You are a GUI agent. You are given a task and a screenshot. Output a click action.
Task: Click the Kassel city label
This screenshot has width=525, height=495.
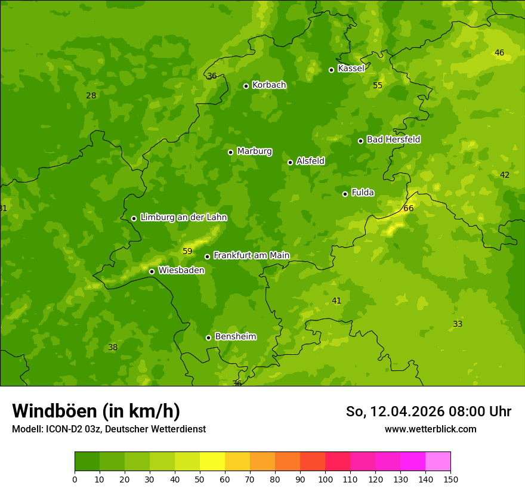tap(351, 69)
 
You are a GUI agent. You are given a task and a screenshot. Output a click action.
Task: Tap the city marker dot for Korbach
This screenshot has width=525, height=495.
tap(246, 86)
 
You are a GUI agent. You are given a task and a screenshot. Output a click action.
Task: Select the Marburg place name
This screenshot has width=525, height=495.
tap(254, 151)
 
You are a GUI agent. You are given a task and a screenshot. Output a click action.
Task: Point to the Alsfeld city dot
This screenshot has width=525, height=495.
tap(291, 162)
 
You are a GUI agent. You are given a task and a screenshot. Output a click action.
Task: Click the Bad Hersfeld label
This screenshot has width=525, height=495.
tap(393, 140)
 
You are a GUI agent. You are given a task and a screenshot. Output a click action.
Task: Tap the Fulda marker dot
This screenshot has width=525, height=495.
tap(345, 194)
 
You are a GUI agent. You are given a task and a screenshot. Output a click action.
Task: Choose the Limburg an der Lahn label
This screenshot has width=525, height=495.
tap(183, 218)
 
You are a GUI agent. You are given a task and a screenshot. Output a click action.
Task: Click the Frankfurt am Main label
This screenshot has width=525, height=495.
tap(251, 256)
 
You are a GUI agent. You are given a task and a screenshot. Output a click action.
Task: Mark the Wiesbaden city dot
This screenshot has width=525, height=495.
tap(152, 271)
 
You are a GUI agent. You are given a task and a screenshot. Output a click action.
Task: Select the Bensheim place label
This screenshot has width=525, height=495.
tap(235, 337)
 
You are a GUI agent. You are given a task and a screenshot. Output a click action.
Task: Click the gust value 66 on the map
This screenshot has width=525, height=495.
tap(408, 208)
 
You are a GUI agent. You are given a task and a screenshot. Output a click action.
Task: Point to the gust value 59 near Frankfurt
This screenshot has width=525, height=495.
tap(187, 251)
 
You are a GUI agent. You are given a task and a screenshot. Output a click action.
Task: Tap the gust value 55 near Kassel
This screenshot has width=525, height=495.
tap(378, 85)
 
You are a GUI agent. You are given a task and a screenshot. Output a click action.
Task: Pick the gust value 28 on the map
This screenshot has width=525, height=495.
tap(91, 95)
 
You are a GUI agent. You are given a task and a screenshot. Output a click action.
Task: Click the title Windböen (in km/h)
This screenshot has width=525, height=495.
tap(96, 411)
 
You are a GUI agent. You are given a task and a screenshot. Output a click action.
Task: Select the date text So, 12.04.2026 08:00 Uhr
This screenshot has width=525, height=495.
tap(428, 412)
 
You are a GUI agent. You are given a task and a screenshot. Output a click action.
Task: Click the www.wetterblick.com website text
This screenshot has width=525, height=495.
tap(430, 429)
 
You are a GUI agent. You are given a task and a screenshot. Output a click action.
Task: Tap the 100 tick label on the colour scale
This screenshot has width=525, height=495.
tap(325, 479)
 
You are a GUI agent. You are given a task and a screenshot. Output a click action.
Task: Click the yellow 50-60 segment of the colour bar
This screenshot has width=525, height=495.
tap(212, 462)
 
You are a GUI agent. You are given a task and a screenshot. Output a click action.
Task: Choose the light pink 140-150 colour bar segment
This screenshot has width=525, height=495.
tap(438, 462)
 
